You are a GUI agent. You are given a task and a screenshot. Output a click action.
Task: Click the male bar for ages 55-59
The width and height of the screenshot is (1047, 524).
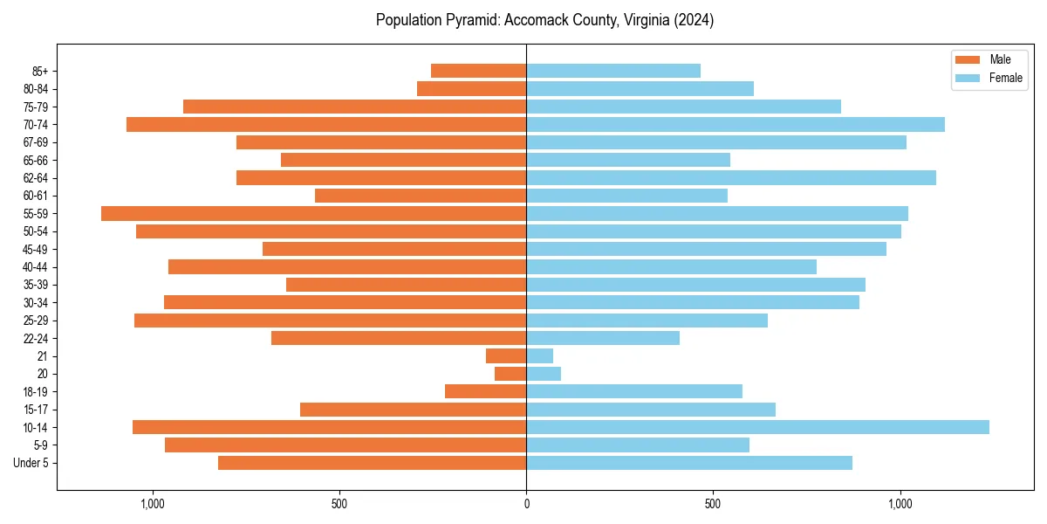click(x=314, y=213)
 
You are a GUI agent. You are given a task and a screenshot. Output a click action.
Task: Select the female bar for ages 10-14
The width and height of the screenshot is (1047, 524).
click(x=757, y=427)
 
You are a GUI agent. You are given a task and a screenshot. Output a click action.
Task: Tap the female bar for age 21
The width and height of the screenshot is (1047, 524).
click(x=539, y=355)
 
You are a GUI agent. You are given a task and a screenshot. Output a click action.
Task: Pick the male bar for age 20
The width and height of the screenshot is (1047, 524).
click(x=510, y=374)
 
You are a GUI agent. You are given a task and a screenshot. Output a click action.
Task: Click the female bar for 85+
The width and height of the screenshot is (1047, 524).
click(x=613, y=71)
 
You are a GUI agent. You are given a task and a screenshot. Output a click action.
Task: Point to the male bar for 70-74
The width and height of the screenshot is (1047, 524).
click(x=326, y=124)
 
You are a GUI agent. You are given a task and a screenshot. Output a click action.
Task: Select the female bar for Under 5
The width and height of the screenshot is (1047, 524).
click(x=689, y=463)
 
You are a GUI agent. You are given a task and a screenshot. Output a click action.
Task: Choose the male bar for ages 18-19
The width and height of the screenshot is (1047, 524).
click(x=485, y=391)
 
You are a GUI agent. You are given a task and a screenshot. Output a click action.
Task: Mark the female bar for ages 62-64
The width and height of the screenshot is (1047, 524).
click(x=731, y=177)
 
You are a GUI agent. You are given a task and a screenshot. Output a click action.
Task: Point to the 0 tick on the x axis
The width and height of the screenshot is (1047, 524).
click(x=526, y=504)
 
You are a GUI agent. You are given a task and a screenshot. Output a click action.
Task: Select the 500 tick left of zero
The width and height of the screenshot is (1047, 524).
click(x=339, y=504)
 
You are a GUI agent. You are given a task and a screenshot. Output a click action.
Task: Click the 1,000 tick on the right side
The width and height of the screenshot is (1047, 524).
click(x=900, y=504)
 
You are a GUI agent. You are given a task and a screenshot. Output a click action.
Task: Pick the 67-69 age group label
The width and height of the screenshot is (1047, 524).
click(x=35, y=142)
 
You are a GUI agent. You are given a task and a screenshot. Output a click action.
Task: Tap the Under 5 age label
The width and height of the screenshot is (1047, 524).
click(x=31, y=463)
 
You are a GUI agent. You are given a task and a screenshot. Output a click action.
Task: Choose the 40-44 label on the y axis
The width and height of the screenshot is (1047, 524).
click(x=35, y=267)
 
